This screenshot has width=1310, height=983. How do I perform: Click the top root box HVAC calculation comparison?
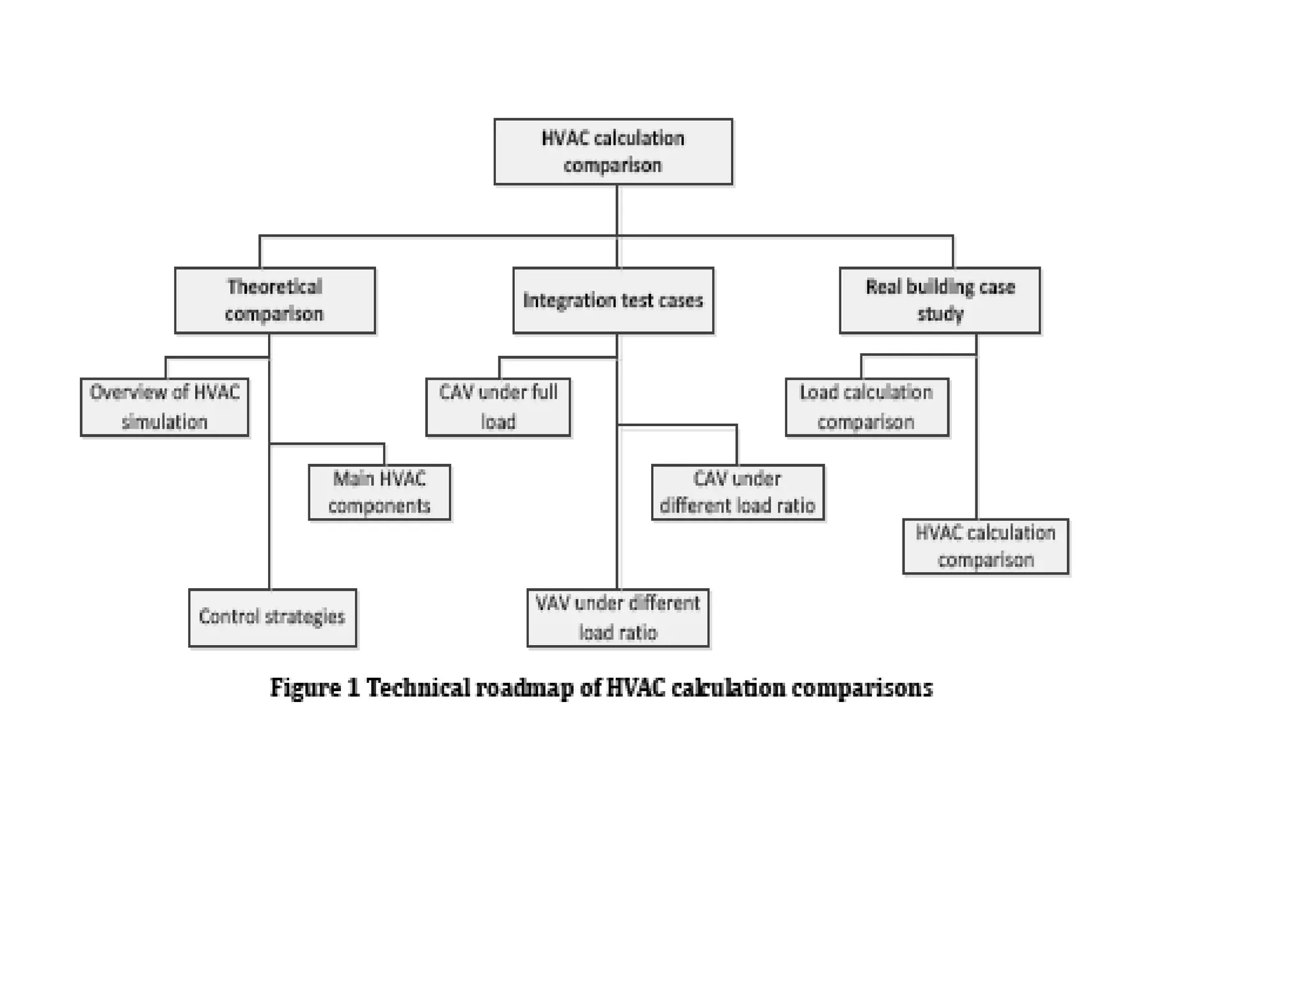613,152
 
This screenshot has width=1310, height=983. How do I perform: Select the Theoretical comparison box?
274,300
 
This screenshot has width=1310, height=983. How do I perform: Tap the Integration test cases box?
613,300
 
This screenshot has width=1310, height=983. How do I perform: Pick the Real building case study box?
940,300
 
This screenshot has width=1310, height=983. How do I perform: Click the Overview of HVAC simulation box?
164,407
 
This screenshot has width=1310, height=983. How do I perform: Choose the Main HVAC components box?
379,492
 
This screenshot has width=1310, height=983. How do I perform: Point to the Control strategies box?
272,618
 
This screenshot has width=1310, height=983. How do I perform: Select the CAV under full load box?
498,407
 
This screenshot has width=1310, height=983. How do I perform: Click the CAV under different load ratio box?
738,492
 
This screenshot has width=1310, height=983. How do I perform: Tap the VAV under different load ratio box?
618,618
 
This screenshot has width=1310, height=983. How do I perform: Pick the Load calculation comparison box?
867,407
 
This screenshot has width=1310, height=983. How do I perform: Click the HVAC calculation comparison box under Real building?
985,547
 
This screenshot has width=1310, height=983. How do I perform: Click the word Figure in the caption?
305,689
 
